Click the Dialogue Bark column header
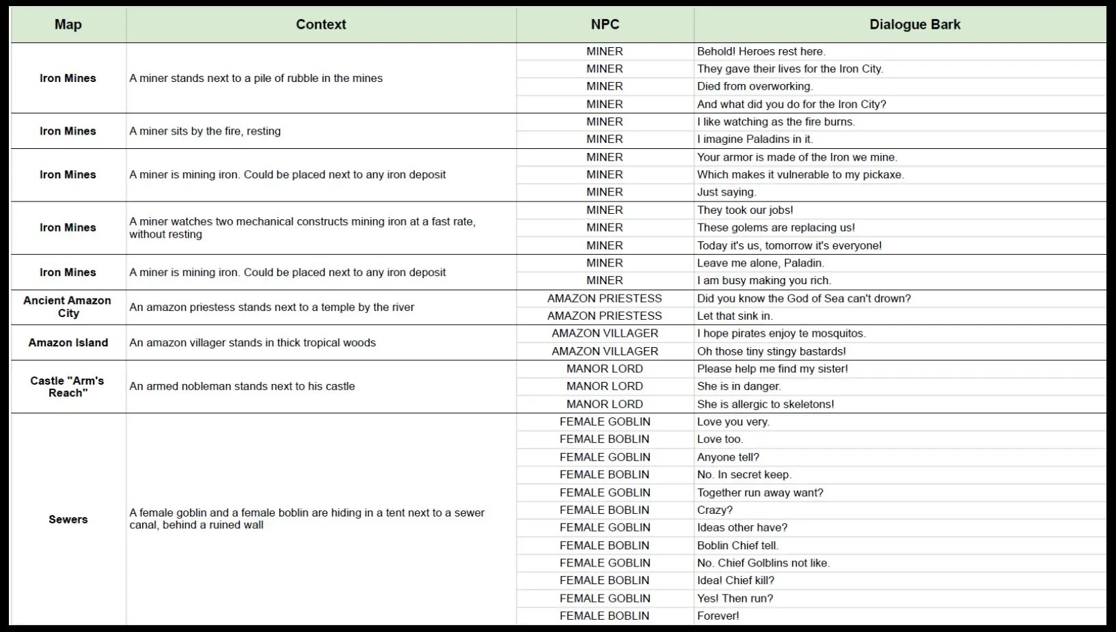pyautogui.click(x=914, y=25)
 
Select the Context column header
pyautogui.click(x=321, y=25)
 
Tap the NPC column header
pyautogui.click(x=605, y=25)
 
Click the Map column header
pyautogui.click(x=68, y=25)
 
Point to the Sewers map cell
pyautogui.click(x=68, y=519)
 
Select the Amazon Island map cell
pyautogui.click(x=68, y=342)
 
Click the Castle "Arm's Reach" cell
pyautogui.click(x=68, y=387)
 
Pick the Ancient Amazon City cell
pyautogui.click(x=68, y=307)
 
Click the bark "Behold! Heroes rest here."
pyautogui.click(x=761, y=51)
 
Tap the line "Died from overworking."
pyautogui.click(x=754, y=86)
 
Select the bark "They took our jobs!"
pyautogui.click(x=745, y=210)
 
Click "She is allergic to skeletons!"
pyautogui.click(x=765, y=404)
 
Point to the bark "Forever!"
pyautogui.click(x=718, y=616)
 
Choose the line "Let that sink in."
pyautogui.click(x=735, y=316)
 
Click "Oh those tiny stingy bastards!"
pyautogui.click(x=771, y=351)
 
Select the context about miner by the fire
pyautogui.click(x=205, y=131)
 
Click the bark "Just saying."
pyautogui.click(x=726, y=192)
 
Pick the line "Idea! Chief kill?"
pyautogui.click(x=735, y=580)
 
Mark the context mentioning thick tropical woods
pyautogui.click(x=252, y=342)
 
